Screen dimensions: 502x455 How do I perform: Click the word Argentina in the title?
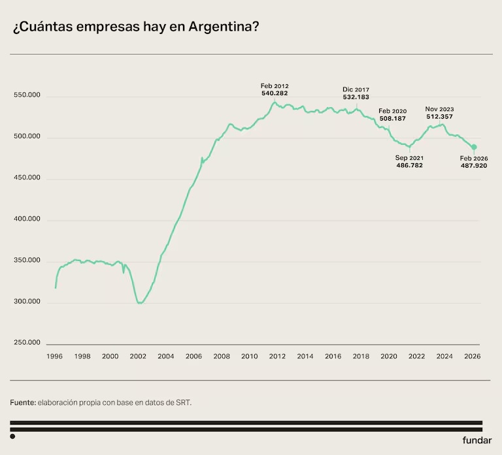224,27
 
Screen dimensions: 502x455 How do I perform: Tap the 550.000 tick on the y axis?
27,95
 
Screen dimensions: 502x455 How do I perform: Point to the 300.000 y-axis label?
27,301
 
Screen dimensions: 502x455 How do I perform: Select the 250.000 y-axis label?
27,343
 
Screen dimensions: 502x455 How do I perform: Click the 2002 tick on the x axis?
138,356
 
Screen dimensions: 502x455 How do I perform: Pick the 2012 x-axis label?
277,356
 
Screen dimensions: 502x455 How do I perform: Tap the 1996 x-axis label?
54,356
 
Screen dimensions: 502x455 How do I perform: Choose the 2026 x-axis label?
472,356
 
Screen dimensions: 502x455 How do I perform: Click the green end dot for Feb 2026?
474,147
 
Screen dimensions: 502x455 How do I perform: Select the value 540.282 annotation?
275,93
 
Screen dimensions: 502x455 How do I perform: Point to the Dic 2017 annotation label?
356,89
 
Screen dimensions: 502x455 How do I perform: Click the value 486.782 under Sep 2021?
409,165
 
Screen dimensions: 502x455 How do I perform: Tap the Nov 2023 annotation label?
439,109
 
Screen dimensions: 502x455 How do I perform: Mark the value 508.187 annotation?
392,118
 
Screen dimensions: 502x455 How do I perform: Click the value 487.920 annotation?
474,166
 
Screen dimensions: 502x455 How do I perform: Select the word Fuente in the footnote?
23,403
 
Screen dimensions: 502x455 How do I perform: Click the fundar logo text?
477,440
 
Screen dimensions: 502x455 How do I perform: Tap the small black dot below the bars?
12,437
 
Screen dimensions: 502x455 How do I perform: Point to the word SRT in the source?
184,403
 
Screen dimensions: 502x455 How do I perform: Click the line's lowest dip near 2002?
140,303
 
